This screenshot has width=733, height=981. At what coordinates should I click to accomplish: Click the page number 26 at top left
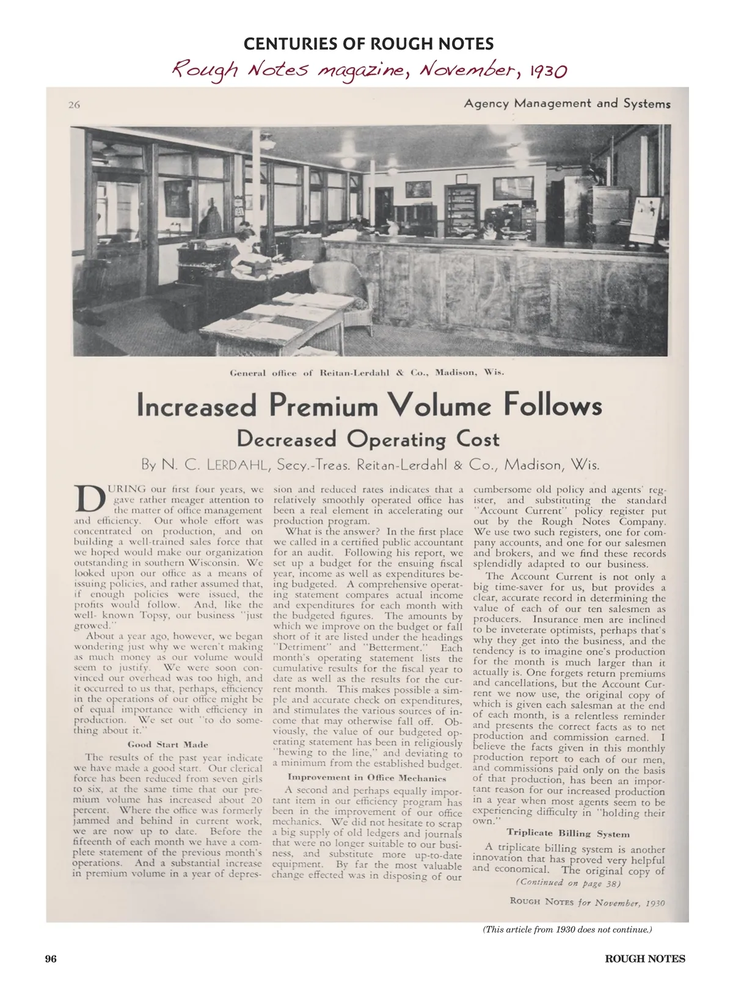pos(74,104)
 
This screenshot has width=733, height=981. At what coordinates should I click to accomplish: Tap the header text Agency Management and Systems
pos(566,103)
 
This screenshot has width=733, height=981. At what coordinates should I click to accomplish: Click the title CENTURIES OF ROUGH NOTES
pos(368,44)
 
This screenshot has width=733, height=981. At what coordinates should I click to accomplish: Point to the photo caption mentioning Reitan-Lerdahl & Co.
pos(366,372)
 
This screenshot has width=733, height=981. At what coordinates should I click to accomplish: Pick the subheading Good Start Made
pos(168,744)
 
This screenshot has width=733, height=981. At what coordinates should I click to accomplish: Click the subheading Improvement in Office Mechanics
pos(367,778)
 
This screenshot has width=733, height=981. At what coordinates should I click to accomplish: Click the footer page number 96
pos(51,958)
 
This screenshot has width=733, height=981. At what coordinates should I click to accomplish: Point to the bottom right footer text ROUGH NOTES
pos(644,958)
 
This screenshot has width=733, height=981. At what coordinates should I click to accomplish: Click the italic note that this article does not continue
pos(567,929)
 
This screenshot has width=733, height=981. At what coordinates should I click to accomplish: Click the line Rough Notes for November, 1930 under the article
pos(586,902)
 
